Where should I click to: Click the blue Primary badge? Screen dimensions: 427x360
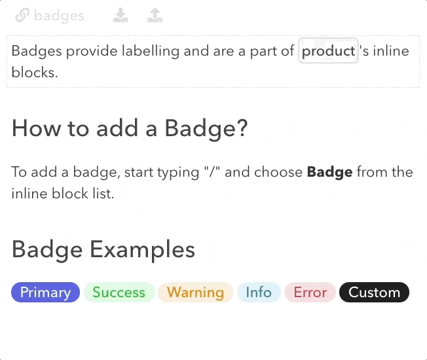tap(45, 292)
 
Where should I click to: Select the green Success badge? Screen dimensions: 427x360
tap(119, 292)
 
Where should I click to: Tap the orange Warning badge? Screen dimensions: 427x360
tap(196, 292)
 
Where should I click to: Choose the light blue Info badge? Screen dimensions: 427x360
tap(259, 292)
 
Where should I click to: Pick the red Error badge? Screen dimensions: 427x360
tap(310, 292)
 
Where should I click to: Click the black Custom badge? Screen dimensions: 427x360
tap(375, 292)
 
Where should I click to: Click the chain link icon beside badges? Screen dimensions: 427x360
tap(22, 15)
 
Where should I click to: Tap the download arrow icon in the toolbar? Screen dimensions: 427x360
tap(121, 15)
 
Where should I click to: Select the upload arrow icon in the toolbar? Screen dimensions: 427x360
tap(155, 15)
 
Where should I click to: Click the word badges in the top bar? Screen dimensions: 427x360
tap(59, 16)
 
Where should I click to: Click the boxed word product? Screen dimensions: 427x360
tap(328, 51)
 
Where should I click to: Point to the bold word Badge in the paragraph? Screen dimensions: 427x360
tap(330, 173)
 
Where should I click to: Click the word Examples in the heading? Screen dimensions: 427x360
tap(142, 250)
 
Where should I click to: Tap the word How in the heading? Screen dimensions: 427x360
tap(37, 128)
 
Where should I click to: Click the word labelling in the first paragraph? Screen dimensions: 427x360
tap(151, 52)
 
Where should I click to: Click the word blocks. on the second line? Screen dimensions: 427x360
tap(35, 73)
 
